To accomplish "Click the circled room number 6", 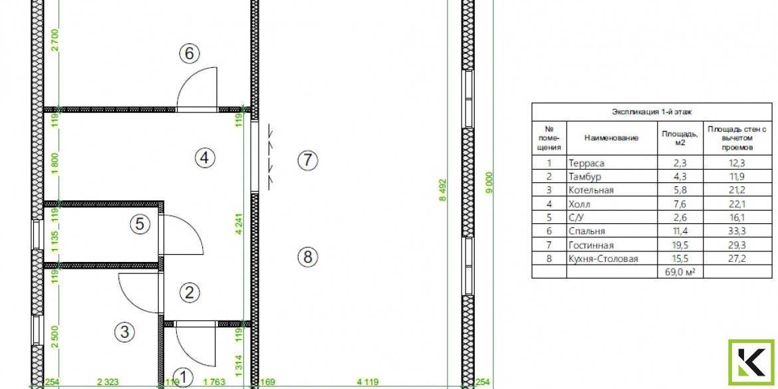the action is (x=189, y=53).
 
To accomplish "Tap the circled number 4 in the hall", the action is (x=205, y=158).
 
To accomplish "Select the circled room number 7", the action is (x=308, y=160).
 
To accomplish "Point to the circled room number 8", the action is (x=308, y=257).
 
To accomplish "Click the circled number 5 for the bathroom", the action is (x=140, y=224).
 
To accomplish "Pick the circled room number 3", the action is (x=124, y=331).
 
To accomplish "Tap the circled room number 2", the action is (x=189, y=292).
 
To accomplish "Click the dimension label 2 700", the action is (x=56, y=41).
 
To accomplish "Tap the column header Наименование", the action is (x=611, y=138).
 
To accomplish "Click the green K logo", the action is (x=751, y=362).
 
